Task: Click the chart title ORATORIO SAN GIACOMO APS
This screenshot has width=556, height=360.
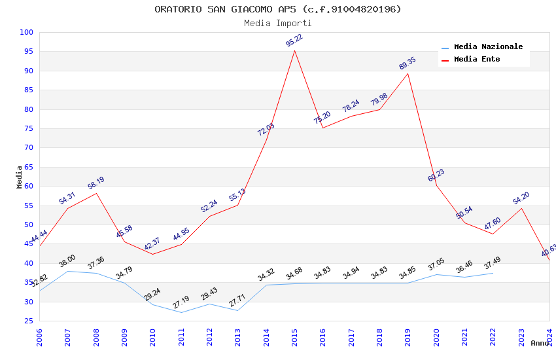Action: [278, 9]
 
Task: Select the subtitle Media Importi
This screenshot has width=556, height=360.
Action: [278, 23]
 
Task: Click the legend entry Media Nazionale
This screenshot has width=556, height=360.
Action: [488, 46]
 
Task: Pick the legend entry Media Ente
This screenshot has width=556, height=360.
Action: [477, 59]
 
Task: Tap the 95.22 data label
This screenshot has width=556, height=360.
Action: [294, 41]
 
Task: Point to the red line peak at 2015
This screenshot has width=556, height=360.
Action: [294, 50]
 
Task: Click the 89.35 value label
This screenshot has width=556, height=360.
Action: [408, 63]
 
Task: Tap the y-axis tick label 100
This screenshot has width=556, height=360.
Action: [26, 32]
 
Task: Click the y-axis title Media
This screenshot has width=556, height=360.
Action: [20, 177]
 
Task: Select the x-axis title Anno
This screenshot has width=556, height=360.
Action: [540, 343]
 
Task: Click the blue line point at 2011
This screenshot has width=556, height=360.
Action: [181, 312]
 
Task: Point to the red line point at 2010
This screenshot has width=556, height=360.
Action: [153, 254]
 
